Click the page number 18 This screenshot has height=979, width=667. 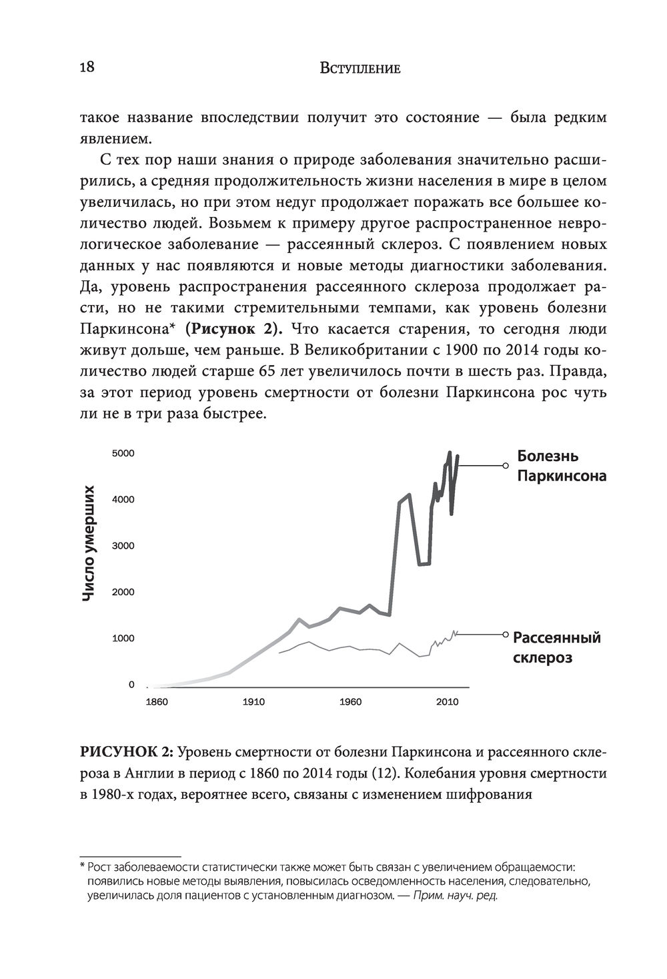pos(87,67)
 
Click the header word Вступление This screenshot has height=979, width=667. pos(360,68)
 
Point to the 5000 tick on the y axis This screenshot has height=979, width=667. pos(123,454)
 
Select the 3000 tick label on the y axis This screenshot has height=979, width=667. pos(123,546)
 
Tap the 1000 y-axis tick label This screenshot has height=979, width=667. pos(123,639)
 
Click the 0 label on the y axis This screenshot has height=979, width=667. pos(131,685)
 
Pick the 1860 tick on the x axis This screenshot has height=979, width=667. pos(157,702)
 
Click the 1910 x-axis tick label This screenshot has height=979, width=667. pos(254,702)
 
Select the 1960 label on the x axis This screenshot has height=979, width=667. pos(350,702)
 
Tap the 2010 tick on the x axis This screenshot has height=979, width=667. pos(447,702)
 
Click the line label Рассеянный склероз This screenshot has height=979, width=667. pos(556,647)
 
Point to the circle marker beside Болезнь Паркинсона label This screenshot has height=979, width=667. pos(505,465)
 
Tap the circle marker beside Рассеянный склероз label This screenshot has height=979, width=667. pos(506,635)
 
